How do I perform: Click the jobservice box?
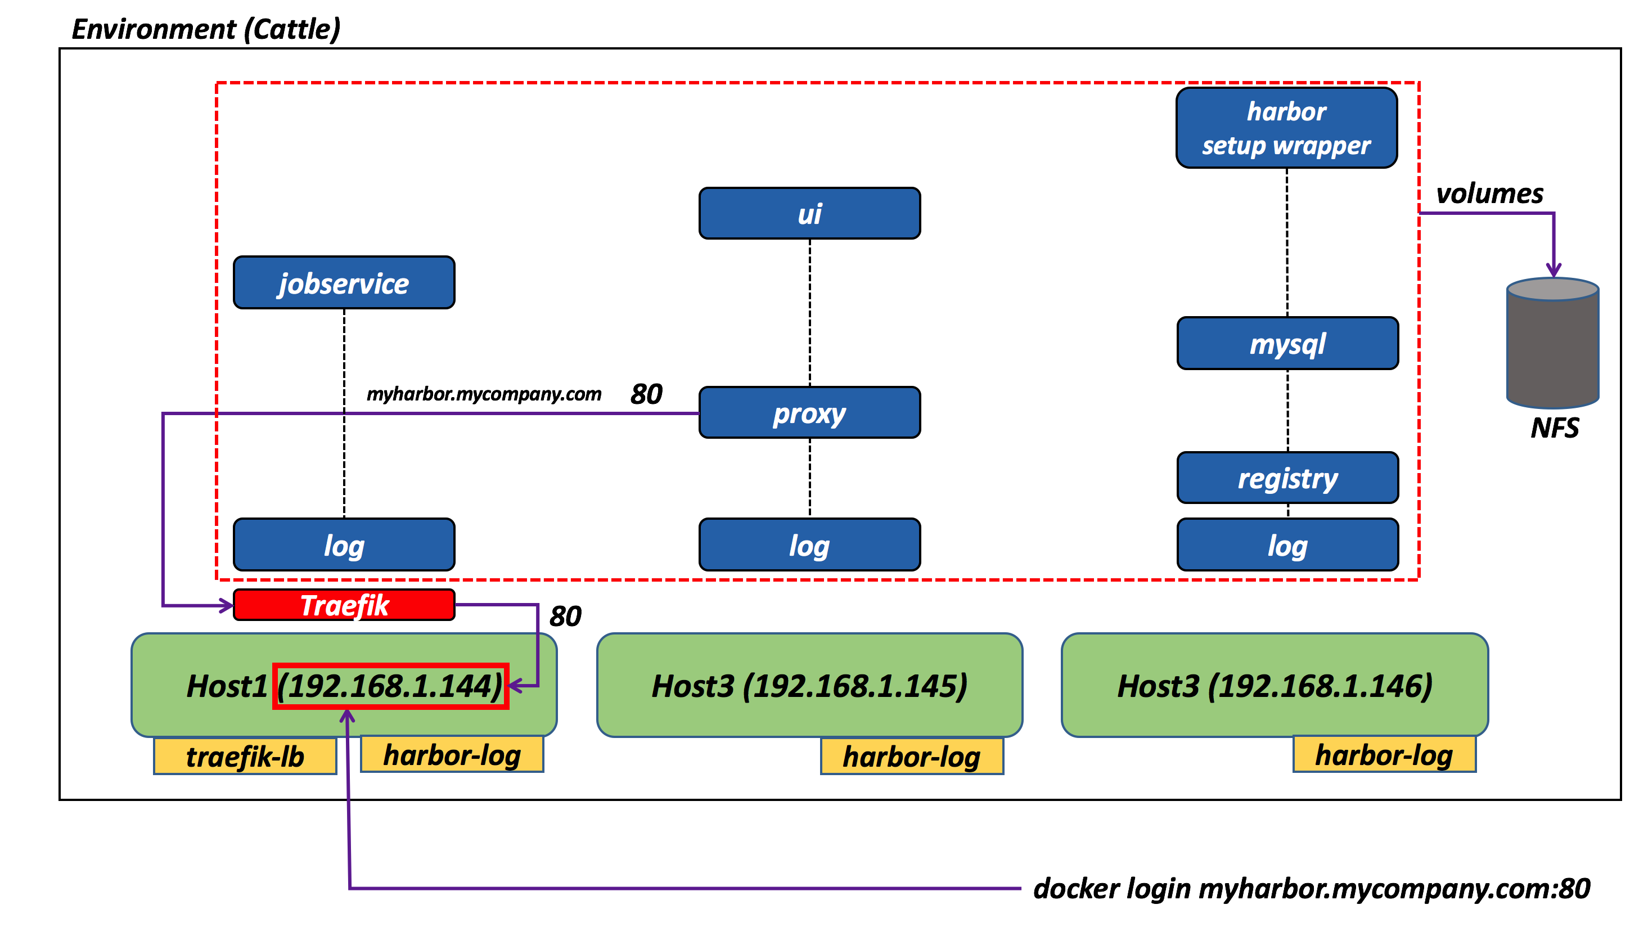[344, 283]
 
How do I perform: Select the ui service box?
[809, 214]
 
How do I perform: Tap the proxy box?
[809, 413]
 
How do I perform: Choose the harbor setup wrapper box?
[1286, 128]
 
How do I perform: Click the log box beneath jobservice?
[344, 545]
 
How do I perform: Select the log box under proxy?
[809, 545]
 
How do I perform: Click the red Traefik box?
[344, 605]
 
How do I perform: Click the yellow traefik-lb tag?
[245, 756]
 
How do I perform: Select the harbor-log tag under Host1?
[452, 755]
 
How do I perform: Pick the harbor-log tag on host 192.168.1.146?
[1384, 755]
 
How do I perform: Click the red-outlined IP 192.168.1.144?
[390, 686]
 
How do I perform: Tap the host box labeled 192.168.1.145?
[809, 685]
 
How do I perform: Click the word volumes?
[1489, 193]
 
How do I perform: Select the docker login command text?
[1311, 888]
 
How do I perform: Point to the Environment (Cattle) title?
[205, 29]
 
